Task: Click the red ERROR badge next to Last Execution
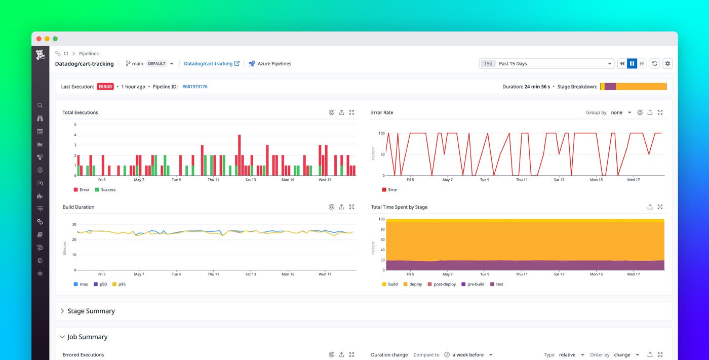pos(105,87)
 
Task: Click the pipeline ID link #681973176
pos(195,87)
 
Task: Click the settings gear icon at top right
pos(667,64)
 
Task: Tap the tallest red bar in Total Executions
pos(239,155)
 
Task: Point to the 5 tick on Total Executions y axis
pos(75,125)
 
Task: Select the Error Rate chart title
pos(382,112)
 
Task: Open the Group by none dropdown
pos(621,112)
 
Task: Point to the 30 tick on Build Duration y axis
pos(74,224)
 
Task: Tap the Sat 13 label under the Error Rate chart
pos(559,180)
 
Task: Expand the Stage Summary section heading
pos(91,311)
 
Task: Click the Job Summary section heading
pos(87,337)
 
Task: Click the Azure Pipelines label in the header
pos(274,64)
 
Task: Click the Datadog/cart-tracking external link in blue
pos(211,64)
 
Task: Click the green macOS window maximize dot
pos(55,39)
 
